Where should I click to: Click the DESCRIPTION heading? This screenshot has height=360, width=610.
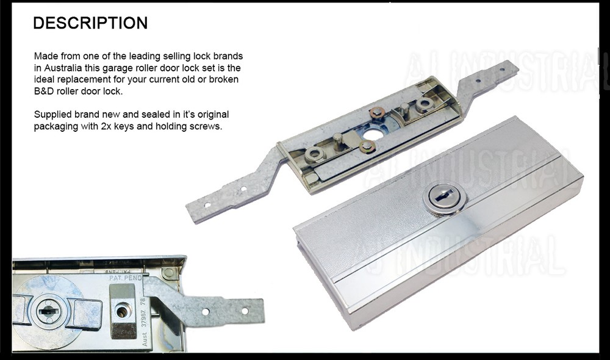90,23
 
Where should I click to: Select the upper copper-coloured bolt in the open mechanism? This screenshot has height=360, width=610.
376,112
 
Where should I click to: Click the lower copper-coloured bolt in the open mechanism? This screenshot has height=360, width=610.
367,146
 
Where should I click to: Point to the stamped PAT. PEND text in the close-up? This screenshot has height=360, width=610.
125,278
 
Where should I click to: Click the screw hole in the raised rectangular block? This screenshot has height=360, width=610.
123,312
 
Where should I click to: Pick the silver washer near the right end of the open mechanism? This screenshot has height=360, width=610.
422,104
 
